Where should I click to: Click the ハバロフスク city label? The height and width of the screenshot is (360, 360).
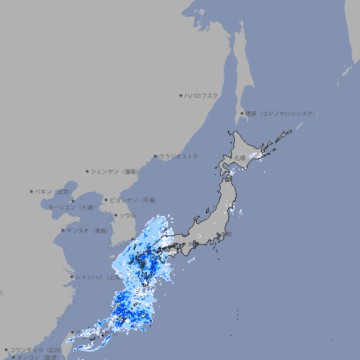tap(201, 96)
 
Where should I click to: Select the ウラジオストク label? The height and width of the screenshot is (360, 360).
tap(179, 157)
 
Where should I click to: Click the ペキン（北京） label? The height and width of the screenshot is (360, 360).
tap(54, 191)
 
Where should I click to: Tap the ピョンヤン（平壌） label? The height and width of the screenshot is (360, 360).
tap(133, 200)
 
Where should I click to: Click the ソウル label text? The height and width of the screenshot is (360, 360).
tap(127, 216)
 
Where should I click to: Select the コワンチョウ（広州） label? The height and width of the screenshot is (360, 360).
tap(35, 349)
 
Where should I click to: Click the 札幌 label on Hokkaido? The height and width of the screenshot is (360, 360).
tap(241, 158)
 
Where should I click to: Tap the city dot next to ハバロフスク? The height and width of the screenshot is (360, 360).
tap(181, 96)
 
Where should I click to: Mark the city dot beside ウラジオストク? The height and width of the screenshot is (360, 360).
tap(155, 157)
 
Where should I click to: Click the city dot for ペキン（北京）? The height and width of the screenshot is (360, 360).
tap(32, 191)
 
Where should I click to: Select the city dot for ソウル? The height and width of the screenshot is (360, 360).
tap(115, 216)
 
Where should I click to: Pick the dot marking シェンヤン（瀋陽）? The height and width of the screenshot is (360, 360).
tap(87, 171)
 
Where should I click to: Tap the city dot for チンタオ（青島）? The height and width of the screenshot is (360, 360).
tap(63, 231)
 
